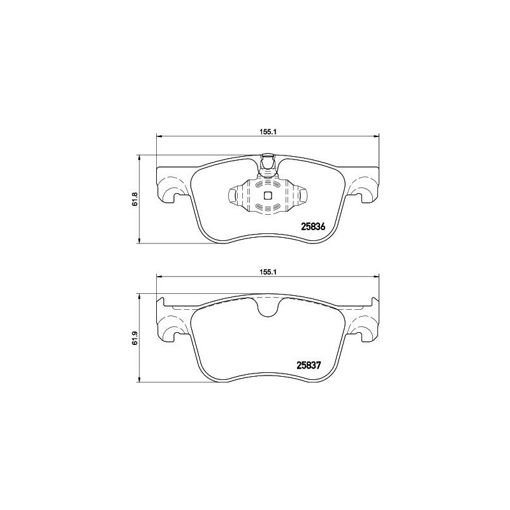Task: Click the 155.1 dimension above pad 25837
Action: tap(266, 271)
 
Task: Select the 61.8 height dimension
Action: tap(135, 198)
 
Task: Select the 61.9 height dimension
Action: tap(135, 338)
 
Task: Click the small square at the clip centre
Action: tap(268, 196)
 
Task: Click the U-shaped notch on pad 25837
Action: tap(267, 307)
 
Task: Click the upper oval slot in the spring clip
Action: tap(268, 185)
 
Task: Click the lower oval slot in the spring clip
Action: tap(268, 207)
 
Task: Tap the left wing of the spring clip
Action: tap(235, 196)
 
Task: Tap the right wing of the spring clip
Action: tap(301, 196)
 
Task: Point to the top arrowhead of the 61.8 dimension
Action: tap(140, 157)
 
